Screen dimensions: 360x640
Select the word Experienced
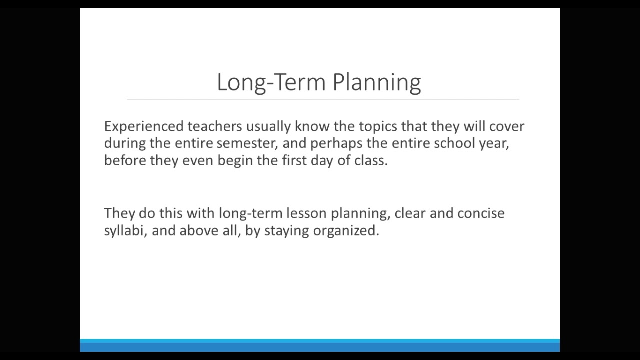(144, 126)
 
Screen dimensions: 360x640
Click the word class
(370, 160)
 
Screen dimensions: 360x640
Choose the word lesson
(306, 213)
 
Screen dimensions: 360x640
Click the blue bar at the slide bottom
(320, 345)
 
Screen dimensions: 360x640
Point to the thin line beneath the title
(323, 99)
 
